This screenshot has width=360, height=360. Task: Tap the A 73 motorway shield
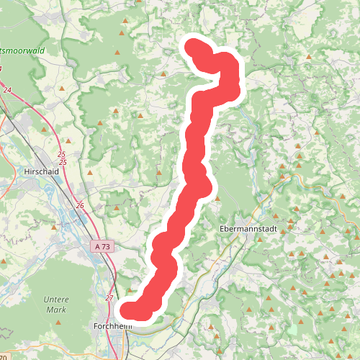pos(103,246)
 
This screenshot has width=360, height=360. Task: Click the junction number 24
pos(7,90)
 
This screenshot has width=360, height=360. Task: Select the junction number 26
pos(79,206)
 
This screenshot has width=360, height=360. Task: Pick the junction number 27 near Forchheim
pos(109,297)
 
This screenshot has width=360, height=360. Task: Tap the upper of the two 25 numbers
pos(61,155)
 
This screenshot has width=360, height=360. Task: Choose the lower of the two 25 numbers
pos(63,163)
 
